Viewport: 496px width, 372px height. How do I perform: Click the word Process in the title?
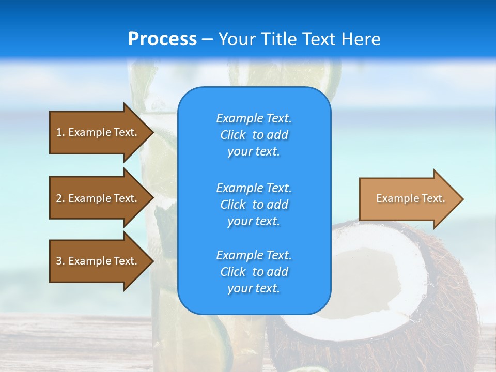coord(162,39)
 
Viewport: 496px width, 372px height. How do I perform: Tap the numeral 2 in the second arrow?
coord(59,198)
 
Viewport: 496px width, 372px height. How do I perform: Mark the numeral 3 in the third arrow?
coord(59,261)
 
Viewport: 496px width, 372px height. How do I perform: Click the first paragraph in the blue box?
coord(254,135)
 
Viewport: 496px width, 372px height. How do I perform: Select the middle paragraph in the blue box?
coord(254,205)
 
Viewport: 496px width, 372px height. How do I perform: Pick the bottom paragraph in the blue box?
coord(254,272)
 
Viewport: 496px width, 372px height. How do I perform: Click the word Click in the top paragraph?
coord(233,135)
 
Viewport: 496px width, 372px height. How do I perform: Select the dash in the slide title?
coord(207,39)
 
